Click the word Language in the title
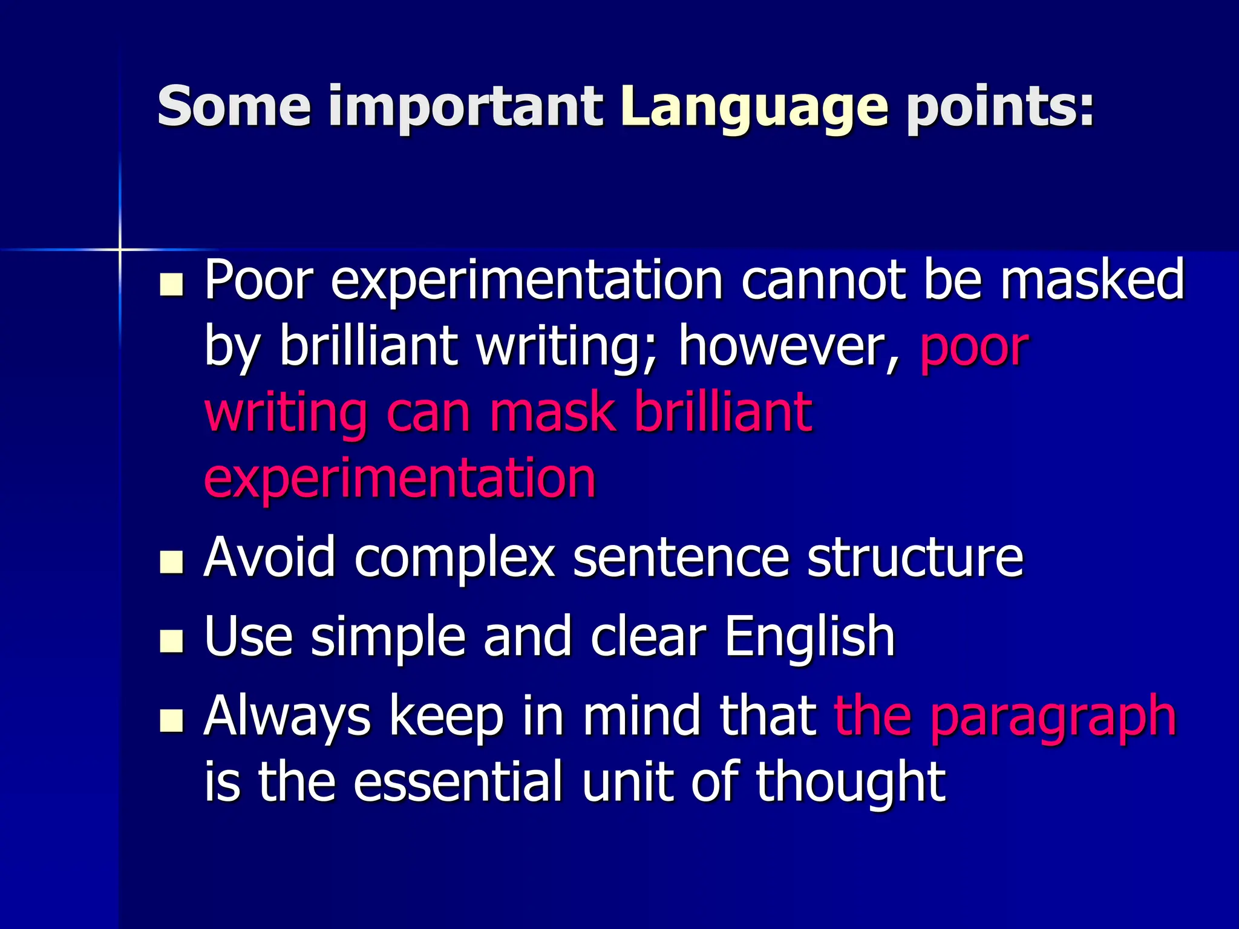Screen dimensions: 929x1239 tap(754, 108)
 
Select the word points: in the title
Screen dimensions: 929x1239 tap(1000, 108)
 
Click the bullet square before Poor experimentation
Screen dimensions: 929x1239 tap(171, 285)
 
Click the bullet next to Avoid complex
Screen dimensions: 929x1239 tap(171, 562)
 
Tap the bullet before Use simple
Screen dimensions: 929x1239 tap(171, 641)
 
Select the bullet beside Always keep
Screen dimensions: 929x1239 tap(171, 720)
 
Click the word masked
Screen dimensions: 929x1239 tap(1092, 279)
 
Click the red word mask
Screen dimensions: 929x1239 tap(553, 412)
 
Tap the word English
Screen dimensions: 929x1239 tap(809, 637)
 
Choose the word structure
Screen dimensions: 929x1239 tap(915, 557)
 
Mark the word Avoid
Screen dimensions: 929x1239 tap(269, 557)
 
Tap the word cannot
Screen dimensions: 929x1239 tap(823, 280)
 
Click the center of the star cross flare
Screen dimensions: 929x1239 tap(120, 249)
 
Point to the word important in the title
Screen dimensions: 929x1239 tap(466, 108)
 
